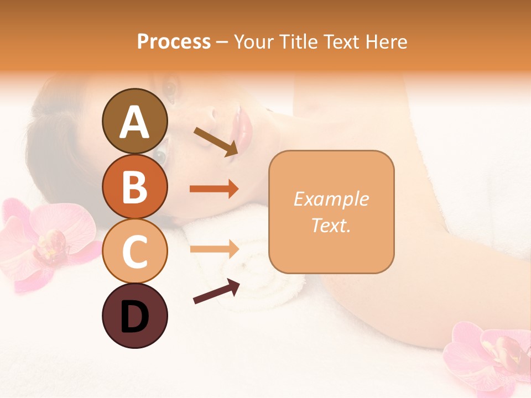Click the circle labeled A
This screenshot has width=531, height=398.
click(x=134, y=122)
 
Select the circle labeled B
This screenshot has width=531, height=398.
click(x=134, y=186)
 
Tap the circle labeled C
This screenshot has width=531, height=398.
click(x=134, y=250)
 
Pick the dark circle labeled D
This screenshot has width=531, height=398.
click(x=134, y=316)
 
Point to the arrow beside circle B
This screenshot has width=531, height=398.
click(x=214, y=189)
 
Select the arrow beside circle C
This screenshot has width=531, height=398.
click(x=214, y=249)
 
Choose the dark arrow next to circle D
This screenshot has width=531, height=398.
click(x=216, y=291)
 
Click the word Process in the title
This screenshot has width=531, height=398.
click(x=174, y=41)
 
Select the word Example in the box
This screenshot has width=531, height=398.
click(x=331, y=199)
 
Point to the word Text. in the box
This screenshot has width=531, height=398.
click(x=331, y=225)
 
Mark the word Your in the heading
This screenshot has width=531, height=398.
click(x=253, y=41)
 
